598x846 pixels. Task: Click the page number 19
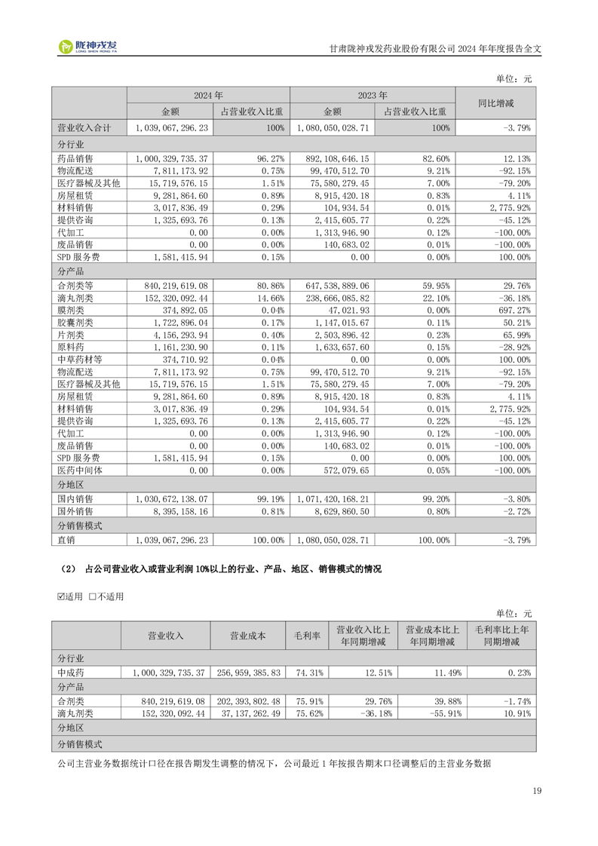[x=536, y=791]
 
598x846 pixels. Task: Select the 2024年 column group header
[x=208, y=96]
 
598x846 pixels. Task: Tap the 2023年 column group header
[x=373, y=96]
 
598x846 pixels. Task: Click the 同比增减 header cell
[x=495, y=103]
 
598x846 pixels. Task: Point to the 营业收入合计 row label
[x=84, y=128]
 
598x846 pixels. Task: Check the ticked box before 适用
[x=62, y=596]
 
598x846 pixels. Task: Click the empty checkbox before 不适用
[x=92, y=596]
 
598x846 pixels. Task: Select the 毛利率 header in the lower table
[x=306, y=636]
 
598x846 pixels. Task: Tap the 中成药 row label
[x=72, y=672]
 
